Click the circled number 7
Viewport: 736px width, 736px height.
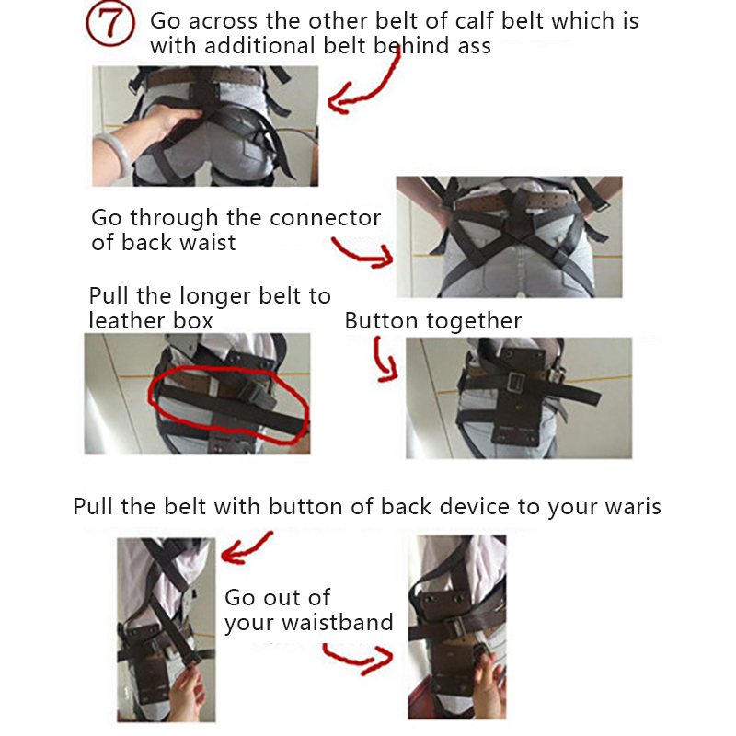coord(110,23)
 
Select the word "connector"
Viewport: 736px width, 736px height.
coord(326,218)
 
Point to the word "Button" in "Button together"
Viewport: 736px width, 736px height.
coord(381,321)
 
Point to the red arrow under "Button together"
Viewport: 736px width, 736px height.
coord(384,360)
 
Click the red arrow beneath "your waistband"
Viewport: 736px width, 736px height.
coord(359,657)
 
